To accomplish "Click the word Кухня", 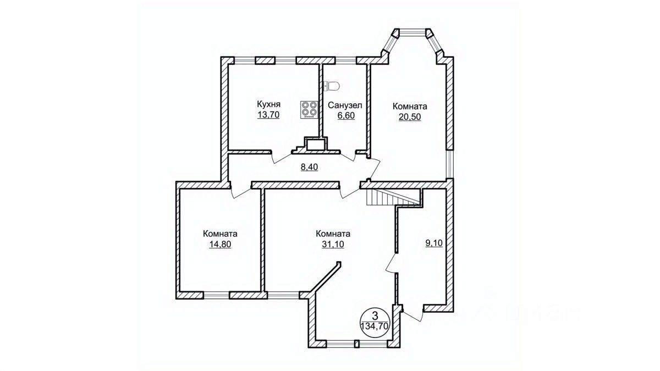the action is pos(269,104).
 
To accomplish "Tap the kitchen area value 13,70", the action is pos(269,115).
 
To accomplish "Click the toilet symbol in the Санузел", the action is pos(332,86).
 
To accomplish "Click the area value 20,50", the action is pos(409,117).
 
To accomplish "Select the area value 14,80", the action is pos(220,244).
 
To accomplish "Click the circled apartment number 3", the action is pos(375,315).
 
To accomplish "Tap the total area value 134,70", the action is pos(373,325).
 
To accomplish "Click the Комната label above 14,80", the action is pos(220,233).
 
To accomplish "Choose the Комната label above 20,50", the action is pos(409,106).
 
